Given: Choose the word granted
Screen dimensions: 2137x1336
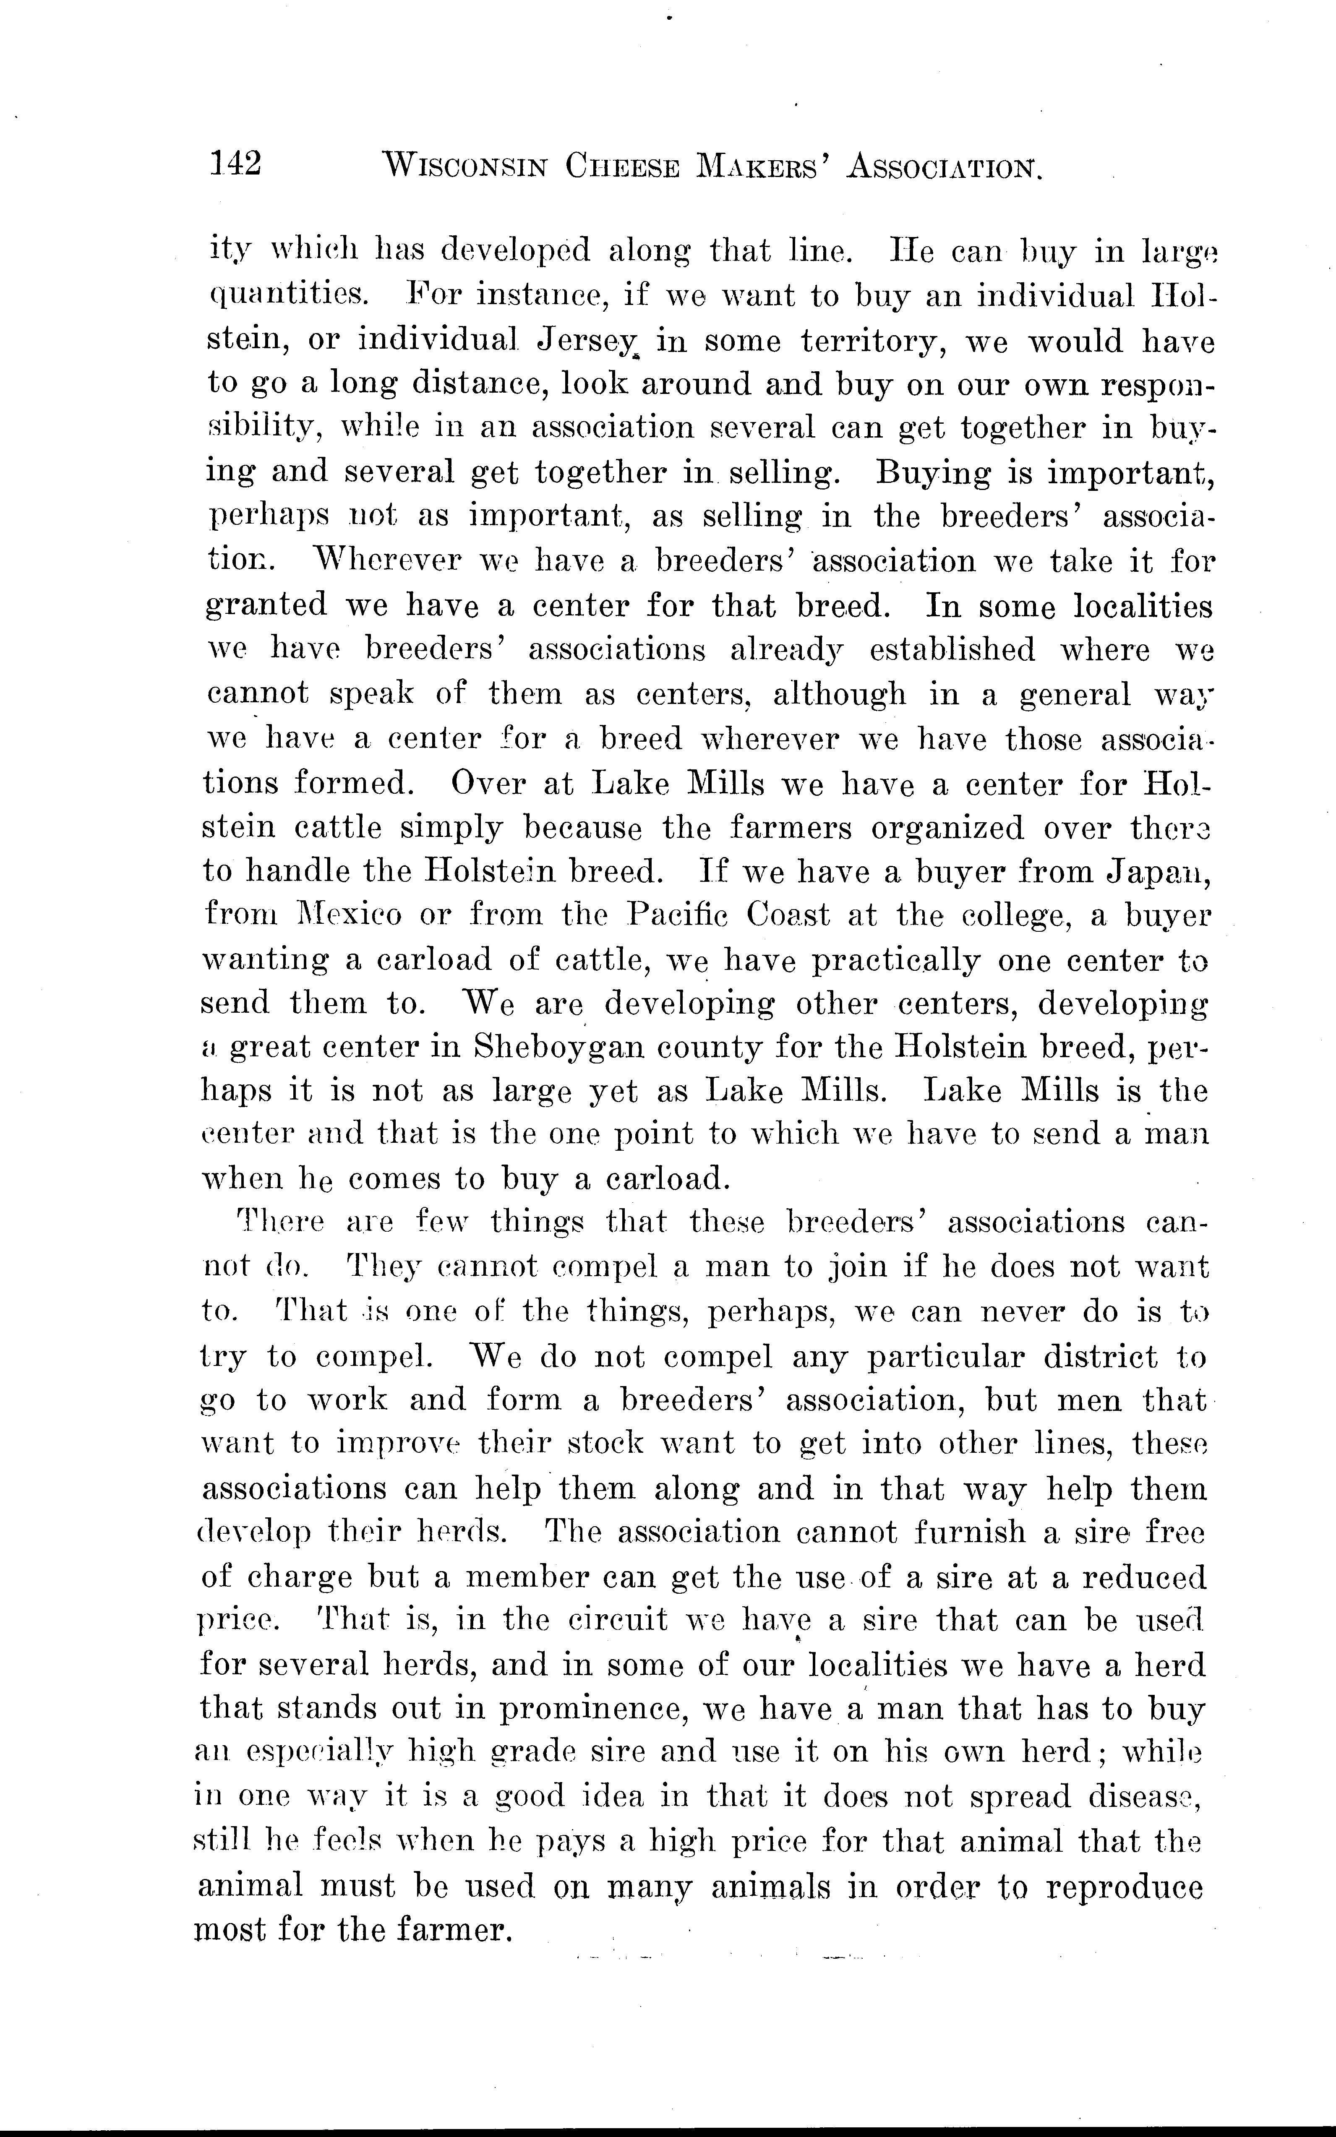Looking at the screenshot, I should pos(266,606).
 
